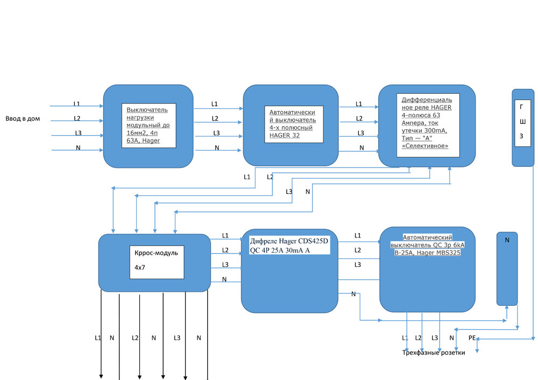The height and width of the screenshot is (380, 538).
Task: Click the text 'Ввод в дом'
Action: [23, 118]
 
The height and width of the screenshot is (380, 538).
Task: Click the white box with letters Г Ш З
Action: [521, 123]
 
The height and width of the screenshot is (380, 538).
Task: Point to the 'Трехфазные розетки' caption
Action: [434, 353]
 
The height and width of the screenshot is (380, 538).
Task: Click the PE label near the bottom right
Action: [472, 338]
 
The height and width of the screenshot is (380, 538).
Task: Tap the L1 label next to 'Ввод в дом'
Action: [77, 103]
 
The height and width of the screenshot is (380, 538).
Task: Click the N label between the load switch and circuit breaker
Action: [217, 148]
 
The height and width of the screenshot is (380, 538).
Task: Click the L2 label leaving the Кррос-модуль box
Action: [225, 250]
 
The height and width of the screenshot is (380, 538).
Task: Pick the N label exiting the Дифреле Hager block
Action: [353, 293]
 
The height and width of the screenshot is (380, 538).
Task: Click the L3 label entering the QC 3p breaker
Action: [358, 264]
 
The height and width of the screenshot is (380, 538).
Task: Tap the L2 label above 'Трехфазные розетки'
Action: [418, 337]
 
